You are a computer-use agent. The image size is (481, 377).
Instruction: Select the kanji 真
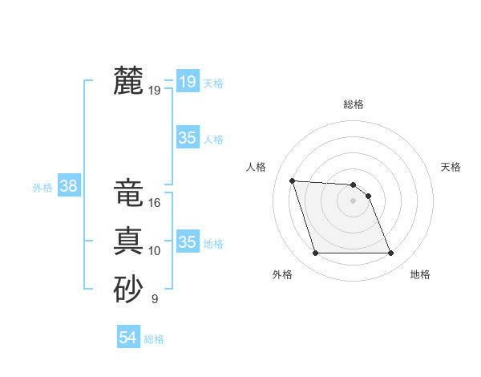[128, 241]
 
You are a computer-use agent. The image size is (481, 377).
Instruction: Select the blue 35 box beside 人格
[187, 138]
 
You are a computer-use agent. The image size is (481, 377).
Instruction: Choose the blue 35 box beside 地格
[187, 241]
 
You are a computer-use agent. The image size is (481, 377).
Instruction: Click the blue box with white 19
[187, 81]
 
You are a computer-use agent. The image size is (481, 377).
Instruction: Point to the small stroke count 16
[155, 204]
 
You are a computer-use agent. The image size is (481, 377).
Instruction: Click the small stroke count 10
[155, 251]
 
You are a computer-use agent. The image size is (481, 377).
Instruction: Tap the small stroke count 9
[155, 299]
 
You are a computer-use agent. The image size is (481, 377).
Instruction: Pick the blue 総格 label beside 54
[154, 339]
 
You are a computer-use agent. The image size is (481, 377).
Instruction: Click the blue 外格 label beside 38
[42, 188]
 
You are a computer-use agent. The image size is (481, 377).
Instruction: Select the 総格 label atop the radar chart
[354, 104]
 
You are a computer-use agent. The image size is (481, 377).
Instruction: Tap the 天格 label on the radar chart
[451, 167]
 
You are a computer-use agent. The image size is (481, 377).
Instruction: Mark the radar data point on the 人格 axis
[293, 180]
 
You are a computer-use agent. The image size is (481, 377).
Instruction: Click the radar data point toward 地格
[390, 253]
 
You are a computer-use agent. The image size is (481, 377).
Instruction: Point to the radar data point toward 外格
[315, 253]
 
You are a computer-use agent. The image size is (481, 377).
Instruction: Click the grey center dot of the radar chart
[353, 201]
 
